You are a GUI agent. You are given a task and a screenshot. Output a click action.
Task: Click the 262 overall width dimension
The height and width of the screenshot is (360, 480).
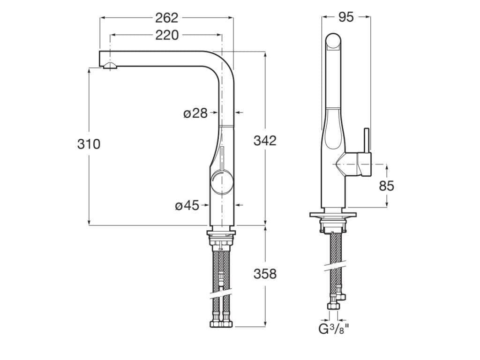[x=167, y=18]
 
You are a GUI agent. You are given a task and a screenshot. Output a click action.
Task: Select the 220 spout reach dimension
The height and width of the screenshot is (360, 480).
[x=167, y=35]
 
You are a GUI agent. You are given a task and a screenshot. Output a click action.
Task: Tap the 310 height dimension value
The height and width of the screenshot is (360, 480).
[x=89, y=144]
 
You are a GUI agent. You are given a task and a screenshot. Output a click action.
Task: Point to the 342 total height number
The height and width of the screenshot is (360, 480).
[x=265, y=140]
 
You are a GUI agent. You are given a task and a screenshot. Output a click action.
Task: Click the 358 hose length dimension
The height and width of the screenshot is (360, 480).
[x=265, y=273]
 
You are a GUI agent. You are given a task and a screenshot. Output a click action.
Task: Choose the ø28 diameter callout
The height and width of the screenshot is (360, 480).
[x=195, y=113]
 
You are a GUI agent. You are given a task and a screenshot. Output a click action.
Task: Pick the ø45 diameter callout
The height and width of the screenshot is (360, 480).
[x=187, y=205]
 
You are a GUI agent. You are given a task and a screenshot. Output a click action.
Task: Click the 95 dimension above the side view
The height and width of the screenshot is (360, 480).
[x=345, y=17]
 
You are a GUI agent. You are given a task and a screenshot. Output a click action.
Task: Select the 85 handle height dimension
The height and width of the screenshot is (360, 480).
[x=386, y=186]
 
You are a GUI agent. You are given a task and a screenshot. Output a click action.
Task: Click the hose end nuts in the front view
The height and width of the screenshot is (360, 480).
[x=221, y=323]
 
